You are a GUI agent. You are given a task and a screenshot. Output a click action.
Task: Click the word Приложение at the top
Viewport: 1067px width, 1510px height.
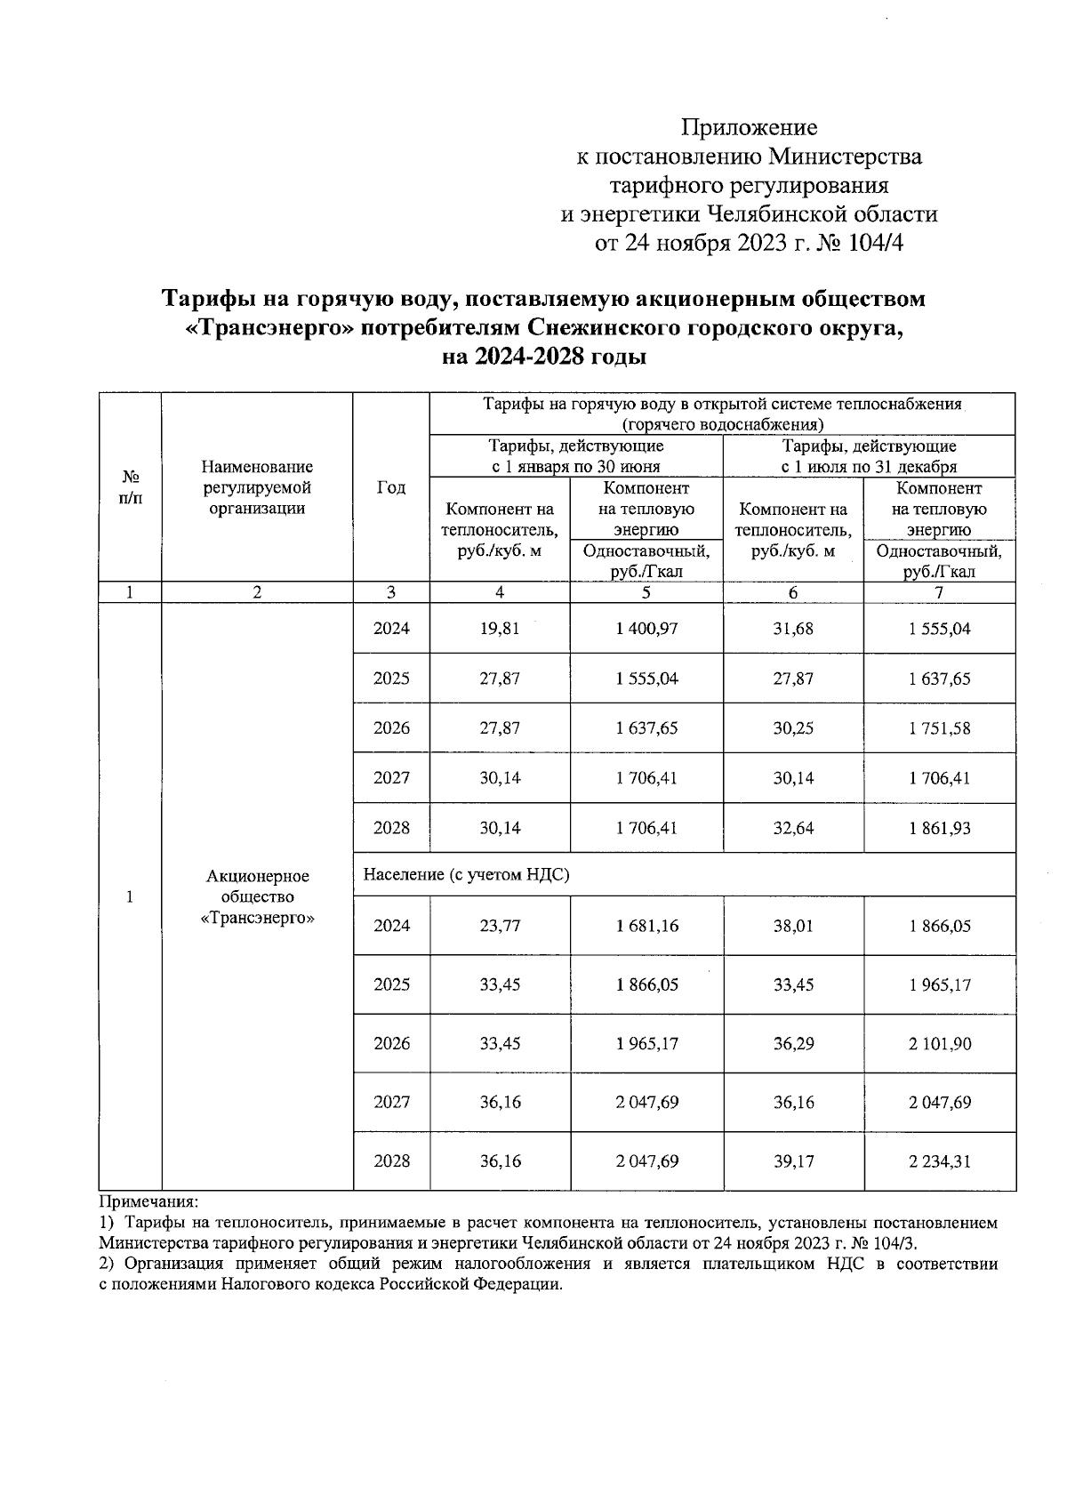(749, 126)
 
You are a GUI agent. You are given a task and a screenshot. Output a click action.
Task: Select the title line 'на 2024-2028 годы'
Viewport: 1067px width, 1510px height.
(544, 357)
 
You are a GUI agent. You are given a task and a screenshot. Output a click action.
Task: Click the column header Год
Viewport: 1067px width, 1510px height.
(391, 487)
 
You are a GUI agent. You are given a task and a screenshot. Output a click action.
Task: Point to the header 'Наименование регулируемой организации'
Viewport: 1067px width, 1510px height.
(257, 487)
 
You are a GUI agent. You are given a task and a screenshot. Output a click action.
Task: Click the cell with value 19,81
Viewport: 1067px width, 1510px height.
(499, 629)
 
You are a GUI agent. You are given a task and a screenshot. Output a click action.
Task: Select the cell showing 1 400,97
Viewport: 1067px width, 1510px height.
(646, 629)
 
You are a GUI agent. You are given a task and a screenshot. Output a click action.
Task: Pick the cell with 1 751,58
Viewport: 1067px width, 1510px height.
(939, 728)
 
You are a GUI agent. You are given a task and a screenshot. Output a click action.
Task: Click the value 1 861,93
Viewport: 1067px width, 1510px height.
(939, 828)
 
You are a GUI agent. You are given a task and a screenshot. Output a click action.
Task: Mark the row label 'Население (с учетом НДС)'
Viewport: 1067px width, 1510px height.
(466, 875)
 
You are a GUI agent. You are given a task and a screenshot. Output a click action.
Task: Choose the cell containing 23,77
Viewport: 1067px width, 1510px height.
(499, 926)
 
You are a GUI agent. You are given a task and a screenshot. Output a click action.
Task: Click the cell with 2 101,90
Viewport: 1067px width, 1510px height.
(939, 1043)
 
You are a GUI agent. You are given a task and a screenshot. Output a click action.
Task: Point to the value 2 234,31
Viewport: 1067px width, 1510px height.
(939, 1161)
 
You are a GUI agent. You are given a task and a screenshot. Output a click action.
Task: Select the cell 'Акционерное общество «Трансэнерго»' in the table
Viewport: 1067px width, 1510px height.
(257, 896)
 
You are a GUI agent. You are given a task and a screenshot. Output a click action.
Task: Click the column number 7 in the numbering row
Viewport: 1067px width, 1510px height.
(939, 593)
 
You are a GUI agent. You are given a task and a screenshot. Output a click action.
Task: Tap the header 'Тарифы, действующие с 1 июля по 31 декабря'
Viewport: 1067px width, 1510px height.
(869, 456)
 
